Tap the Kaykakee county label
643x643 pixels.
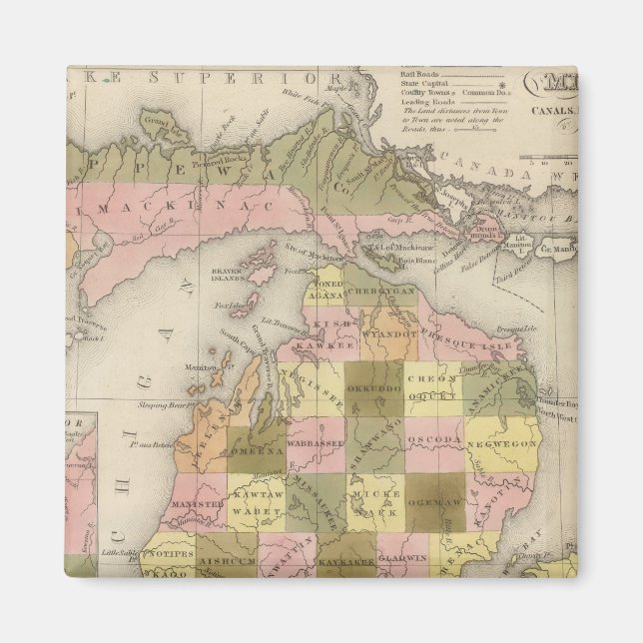pos(344,562)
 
